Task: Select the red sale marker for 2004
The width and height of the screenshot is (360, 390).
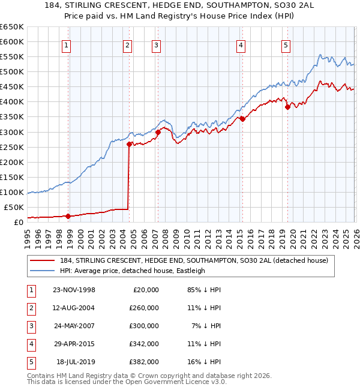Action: coord(128,144)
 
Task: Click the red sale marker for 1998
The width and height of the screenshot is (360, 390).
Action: coord(68,216)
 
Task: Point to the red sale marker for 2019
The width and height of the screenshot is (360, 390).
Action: coord(287,107)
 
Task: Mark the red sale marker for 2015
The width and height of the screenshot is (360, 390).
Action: coord(242,119)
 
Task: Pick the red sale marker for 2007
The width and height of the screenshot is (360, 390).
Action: coord(158,132)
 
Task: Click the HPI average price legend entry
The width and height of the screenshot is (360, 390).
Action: coord(133,271)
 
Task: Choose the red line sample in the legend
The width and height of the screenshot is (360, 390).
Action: coord(43,261)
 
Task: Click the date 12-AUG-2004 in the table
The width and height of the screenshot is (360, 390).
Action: coord(74,308)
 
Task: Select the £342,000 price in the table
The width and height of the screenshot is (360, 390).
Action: coord(144,344)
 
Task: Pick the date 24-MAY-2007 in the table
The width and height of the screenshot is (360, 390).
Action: coord(74,326)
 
